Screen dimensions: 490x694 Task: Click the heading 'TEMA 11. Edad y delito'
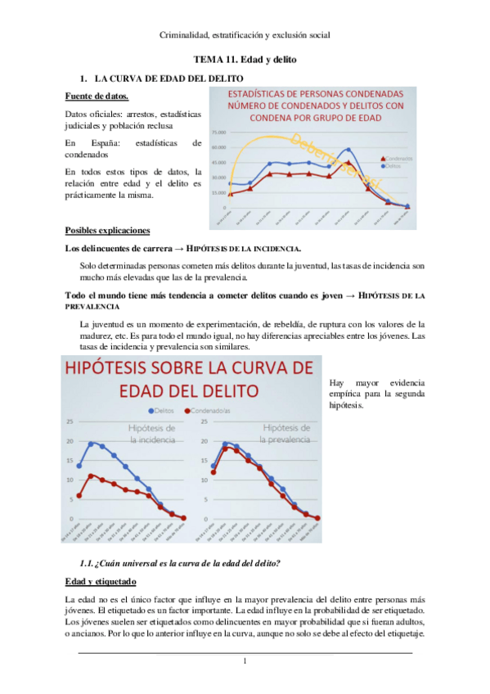pyautogui.click(x=245, y=61)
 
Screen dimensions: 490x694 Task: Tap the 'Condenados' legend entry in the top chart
pyautogui.click(x=396, y=158)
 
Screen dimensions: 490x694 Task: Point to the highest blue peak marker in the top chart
pyautogui.click(x=349, y=150)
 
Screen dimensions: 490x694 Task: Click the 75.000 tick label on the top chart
pyautogui.click(x=219, y=132)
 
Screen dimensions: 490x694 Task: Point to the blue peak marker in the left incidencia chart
pyautogui.click(x=92, y=443)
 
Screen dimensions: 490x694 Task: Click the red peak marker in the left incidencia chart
pyautogui.click(x=92, y=475)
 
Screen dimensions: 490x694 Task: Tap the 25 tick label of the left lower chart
pyautogui.click(x=70, y=422)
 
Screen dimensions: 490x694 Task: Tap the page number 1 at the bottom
pyautogui.click(x=245, y=661)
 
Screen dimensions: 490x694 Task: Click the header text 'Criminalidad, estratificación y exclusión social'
pyautogui.click(x=245, y=35)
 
